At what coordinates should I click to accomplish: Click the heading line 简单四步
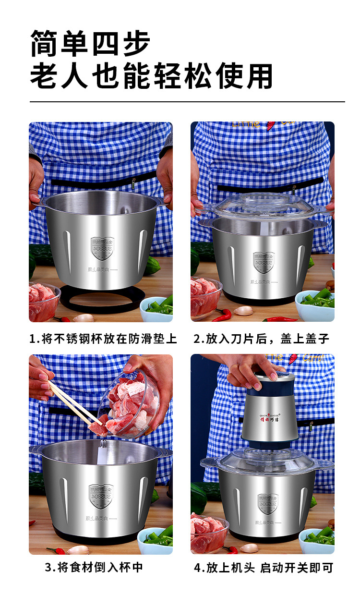[x=90, y=43]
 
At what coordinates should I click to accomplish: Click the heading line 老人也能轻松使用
[x=151, y=76]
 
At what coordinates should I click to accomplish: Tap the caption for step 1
[x=103, y=339]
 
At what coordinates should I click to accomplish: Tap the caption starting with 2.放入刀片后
[x=261, y=339]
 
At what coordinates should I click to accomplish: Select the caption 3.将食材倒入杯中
[x=94, y=567]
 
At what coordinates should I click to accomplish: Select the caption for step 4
[x=263, y=568]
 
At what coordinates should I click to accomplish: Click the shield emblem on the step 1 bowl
[x=102, y=248]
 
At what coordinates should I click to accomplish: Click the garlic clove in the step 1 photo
[x=83, y=317]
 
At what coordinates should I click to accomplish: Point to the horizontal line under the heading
[x=187, y=102]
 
